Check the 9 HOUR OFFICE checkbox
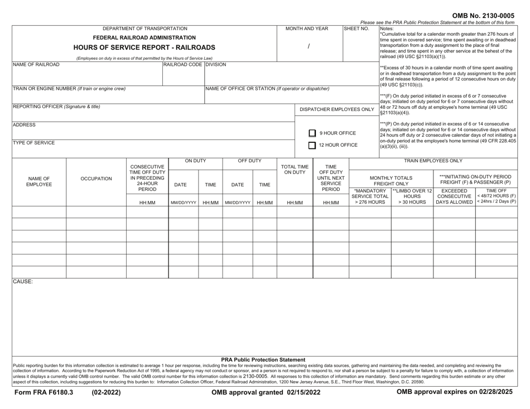(313, 133)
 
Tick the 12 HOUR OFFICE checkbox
(313, 146)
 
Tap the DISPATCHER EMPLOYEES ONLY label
(335, 109)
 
